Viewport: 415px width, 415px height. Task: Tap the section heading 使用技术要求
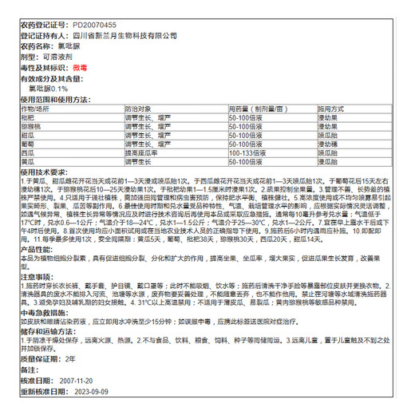point(44,172)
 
